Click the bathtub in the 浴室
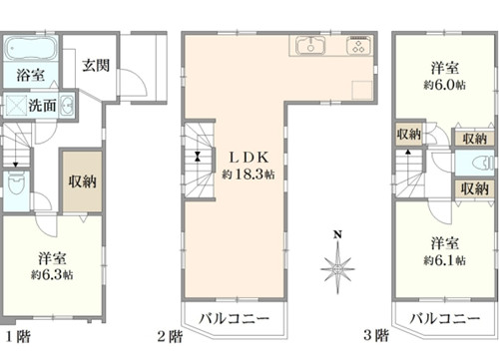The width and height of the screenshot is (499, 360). tap(31, 49)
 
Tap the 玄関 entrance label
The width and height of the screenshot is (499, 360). tap(96, 65)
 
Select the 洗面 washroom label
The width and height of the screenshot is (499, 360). tap(42, 106)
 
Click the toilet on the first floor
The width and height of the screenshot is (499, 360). tap(16, 184)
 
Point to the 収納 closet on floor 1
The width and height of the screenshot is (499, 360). tap(82, 181)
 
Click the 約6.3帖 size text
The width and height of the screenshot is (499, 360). tap(52, 275)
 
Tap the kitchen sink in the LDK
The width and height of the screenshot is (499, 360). tap(310, 45)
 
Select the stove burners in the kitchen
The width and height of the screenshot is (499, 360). tap(358, 46)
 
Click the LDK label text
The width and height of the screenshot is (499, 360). tap(249, 158)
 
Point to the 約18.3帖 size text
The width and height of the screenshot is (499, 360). tap(249, 175)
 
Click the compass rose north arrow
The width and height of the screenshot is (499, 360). tap(337, 267)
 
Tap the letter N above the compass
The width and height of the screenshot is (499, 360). tap(337, 235)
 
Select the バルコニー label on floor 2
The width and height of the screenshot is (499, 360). tap(234, 318)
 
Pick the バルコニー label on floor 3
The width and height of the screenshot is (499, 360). tap(445, 318)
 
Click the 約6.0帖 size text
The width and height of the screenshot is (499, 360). tap(444, 85)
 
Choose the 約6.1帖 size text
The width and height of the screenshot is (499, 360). tap(444, 260)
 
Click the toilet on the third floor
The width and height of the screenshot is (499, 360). tap(483, 163)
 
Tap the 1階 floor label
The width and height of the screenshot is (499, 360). tap(19, 336)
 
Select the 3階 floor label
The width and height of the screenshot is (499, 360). tap(376, 335)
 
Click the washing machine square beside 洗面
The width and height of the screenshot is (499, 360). tap(15, 105)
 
